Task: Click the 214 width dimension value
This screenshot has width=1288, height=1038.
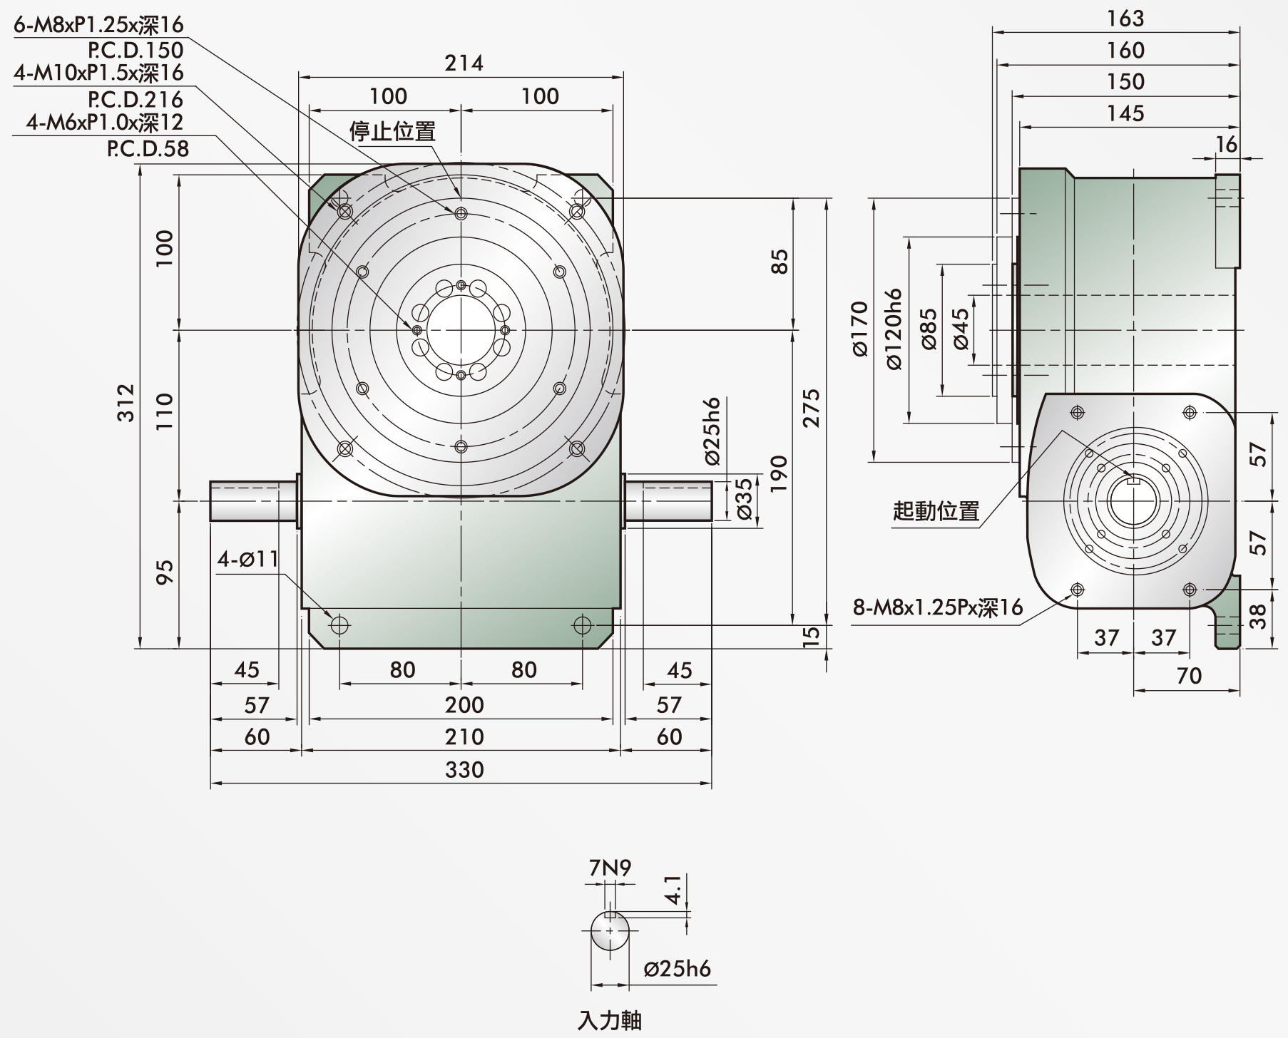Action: point(464,63)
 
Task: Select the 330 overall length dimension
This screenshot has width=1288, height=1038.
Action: point(464,770)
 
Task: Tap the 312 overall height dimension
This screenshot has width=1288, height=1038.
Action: point(126,403)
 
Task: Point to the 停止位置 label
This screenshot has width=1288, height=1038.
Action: point(392,131)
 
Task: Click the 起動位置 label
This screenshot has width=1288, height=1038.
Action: point(936,511)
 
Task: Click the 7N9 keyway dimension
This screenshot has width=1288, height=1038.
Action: point(610,868)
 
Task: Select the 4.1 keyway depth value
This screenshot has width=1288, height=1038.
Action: point(673,890)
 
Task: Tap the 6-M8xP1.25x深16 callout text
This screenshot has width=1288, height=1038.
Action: point(98,24)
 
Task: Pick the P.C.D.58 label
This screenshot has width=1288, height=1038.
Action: point(148,148)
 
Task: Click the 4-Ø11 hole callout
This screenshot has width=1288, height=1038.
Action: point(248,559)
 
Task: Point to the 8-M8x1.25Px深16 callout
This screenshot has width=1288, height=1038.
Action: point(939,607)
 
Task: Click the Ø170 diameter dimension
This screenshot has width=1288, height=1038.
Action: point(859,329)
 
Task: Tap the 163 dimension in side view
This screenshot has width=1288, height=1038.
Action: point(1125,19)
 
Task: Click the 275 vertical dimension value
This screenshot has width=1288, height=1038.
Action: point(811,408)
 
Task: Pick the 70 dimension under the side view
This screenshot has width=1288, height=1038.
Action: point(1189,675)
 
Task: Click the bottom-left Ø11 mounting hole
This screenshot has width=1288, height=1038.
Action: point(339,625)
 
